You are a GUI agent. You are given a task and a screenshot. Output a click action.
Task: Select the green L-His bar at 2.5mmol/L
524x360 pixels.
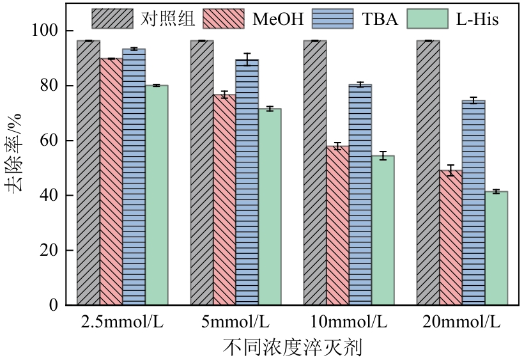(157, 195)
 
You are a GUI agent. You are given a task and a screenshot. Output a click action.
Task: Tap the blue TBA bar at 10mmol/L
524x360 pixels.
(360, 194)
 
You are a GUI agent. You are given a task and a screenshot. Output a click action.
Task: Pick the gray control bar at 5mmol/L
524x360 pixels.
(201, 173)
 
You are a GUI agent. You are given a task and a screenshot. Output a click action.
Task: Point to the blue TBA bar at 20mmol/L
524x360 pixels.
(474, 202)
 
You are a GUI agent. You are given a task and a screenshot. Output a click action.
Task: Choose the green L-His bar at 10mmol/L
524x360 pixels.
(383, 230)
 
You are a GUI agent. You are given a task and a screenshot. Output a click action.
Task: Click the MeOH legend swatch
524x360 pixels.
(224, 19)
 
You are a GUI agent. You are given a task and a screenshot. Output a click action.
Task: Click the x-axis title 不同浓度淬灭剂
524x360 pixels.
(293, 348)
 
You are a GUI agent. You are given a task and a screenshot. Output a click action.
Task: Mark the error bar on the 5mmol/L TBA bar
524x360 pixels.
(247, 59)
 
